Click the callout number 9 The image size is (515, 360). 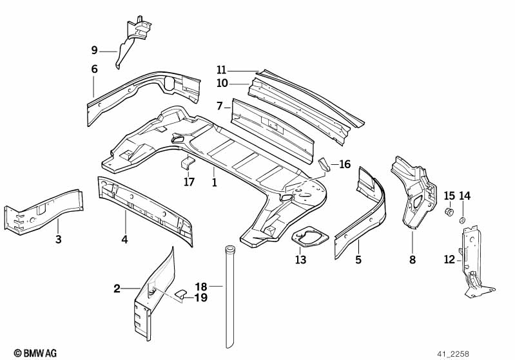tap(95, 50)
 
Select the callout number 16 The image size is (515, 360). tap(345, 164)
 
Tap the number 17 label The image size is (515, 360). tap(189, 182)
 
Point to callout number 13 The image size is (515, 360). tap(300, 260)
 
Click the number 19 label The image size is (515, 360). tap(201, 298)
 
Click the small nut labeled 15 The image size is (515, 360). tap(449, 212)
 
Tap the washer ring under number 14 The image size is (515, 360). tap(462, 220)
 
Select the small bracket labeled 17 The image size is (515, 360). tap(188, 163)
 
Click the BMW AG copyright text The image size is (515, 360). tap(35, 353)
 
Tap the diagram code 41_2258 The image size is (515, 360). tap(453, 354)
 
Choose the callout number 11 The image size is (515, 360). tap(221, 70)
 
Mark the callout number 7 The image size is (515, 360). tap(220, 106)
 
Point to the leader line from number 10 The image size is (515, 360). tap(238, 84)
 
